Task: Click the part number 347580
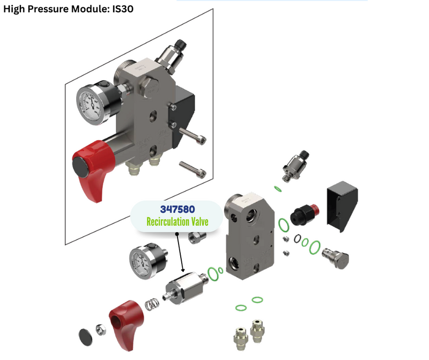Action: click(177, 209)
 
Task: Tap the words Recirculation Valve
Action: click(177, 222)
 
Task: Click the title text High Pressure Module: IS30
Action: click(69, 9)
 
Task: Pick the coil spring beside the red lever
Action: click(152, 304)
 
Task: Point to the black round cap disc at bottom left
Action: click(85, 337)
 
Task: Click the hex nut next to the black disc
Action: click(101, 329)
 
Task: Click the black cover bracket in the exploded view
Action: click(342, 206)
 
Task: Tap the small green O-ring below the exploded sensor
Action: click(278, 189)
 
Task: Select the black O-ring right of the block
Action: click(298, 238)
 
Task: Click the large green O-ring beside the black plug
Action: click(284, 225)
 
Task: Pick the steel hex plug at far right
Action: click(336, 258)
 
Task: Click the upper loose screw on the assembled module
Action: click(193, 136)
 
